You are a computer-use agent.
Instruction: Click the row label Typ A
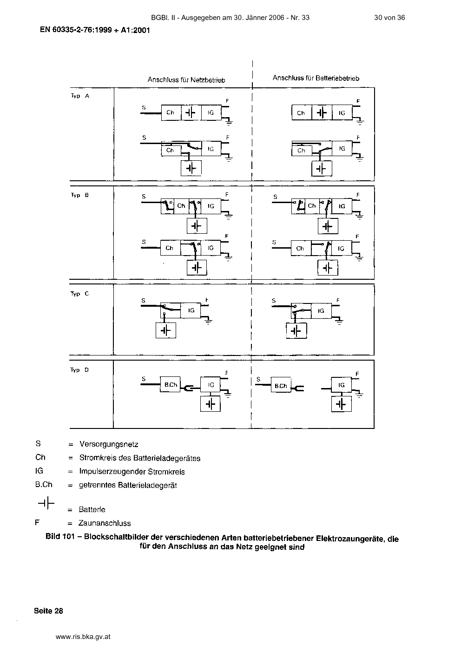coord(80,96)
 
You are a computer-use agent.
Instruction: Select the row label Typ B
coord(80,195)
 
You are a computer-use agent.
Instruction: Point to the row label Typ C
coord(79,294)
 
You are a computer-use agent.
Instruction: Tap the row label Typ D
coord(79,370)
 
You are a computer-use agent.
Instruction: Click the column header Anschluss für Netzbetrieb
coord(186,80)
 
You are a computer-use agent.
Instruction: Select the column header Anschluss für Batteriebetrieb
coord(316,78)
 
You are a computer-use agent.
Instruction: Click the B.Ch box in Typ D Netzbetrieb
coord(170,384)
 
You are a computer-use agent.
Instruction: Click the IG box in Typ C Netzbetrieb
coord(191,310)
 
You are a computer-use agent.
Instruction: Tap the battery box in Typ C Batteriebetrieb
coord(296,331)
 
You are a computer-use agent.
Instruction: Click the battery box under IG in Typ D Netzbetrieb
coord(211,404)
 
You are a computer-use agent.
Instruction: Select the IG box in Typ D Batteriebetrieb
coord(342,385)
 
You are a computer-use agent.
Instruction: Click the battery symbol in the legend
coord(46,503)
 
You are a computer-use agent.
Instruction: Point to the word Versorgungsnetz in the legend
coord(109,444)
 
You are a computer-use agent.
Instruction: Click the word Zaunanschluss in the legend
coord(105,523)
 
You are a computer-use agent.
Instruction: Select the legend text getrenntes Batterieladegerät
coord(128,485)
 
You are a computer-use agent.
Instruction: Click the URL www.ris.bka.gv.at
coord(83,637)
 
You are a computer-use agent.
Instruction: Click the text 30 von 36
coord(389,18)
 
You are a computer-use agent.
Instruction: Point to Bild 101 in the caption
coord(60,536)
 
